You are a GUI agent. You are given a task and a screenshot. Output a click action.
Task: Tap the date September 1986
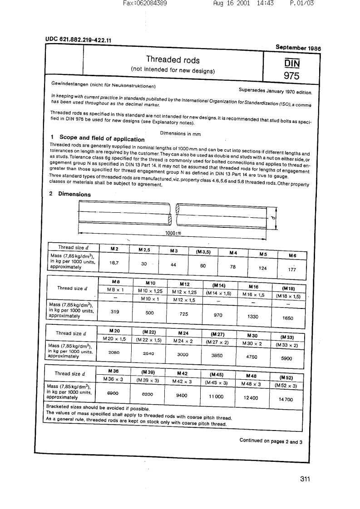point(297,47)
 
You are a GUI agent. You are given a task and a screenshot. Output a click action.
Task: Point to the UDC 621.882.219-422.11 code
point(79,40)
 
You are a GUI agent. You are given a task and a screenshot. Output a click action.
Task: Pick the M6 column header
point(292,255)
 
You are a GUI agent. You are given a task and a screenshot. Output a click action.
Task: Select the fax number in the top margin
point(145,3)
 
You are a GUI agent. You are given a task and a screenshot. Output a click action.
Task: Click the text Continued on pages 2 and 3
point(271,441)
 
